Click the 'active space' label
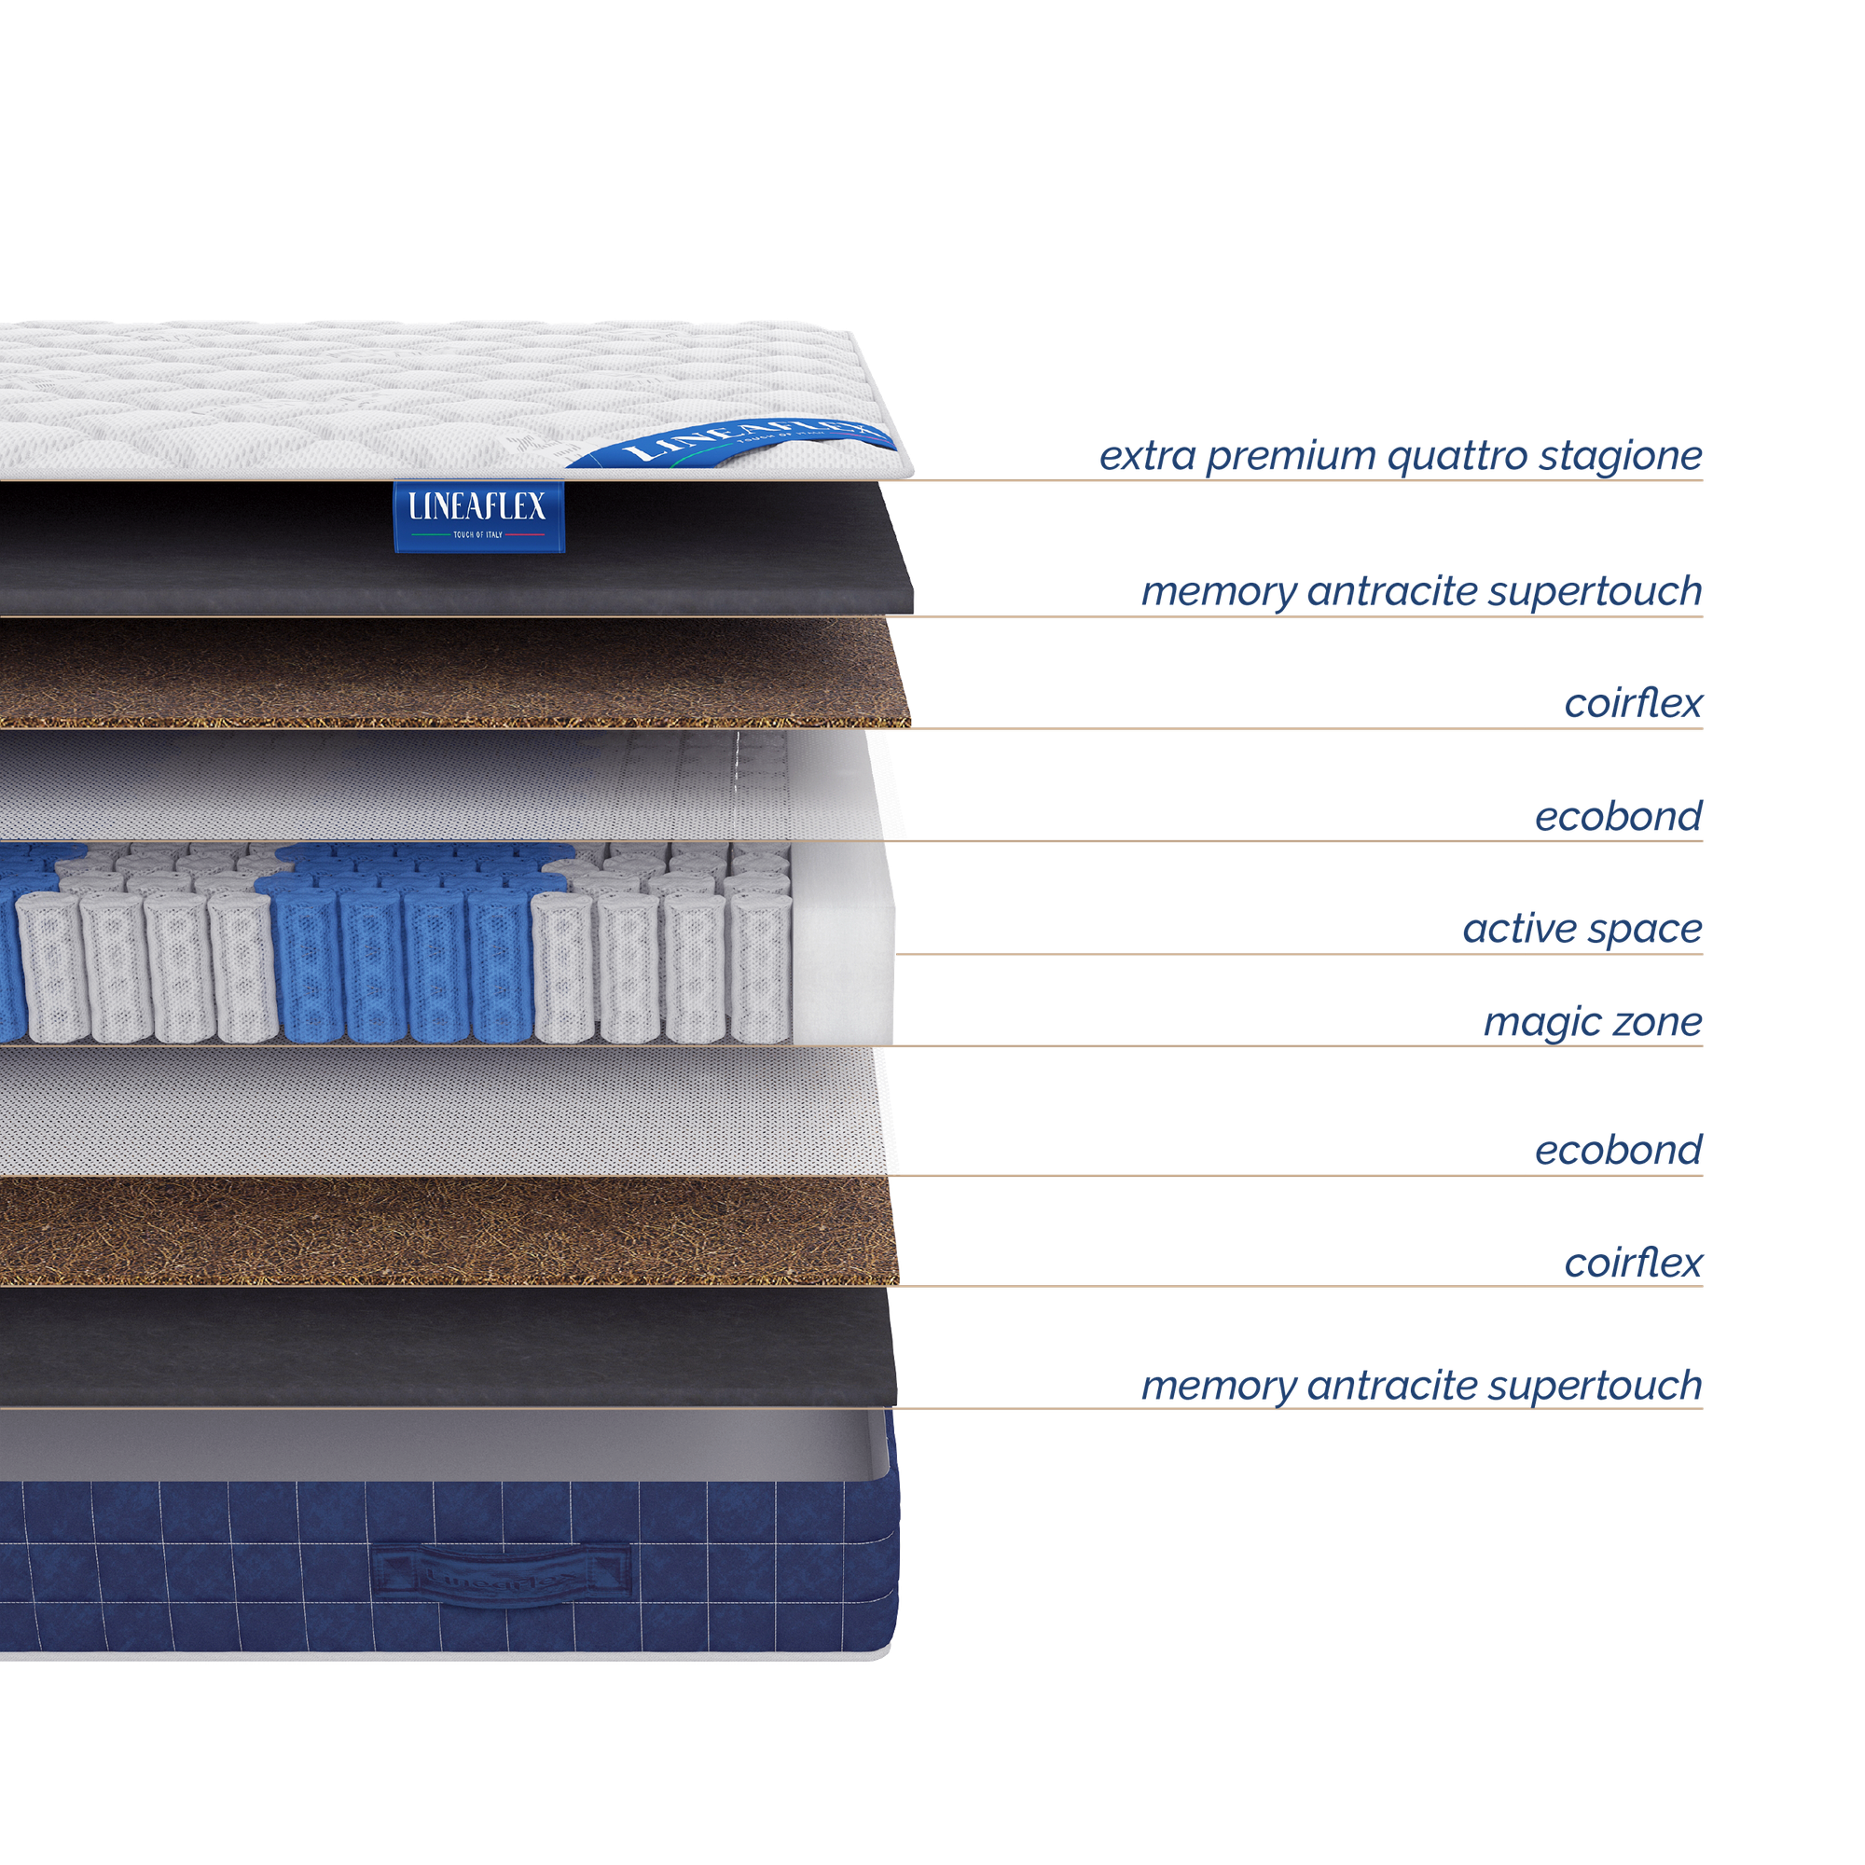pyautogui.click(x=1582, y=929)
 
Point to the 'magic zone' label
pyautogui.click(x=1592, y=1021)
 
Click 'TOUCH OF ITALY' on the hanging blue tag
pyautogui.click(x=477, y=533)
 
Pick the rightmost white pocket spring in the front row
pyautogui.click(x=760, y=965)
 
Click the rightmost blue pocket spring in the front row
pyautogui.click(x=498, y=965)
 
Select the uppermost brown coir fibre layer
pyautogui.click(x=435, y=674)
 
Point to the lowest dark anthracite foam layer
pyautogui.click(x=435, y=1347)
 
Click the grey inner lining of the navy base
pyautogui.click(x=435, y=1444)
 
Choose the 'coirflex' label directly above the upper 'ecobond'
pyautogui.click(x=1634, y=704)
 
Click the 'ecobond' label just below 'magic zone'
pyautogui.click(x=1618, y=1150)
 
